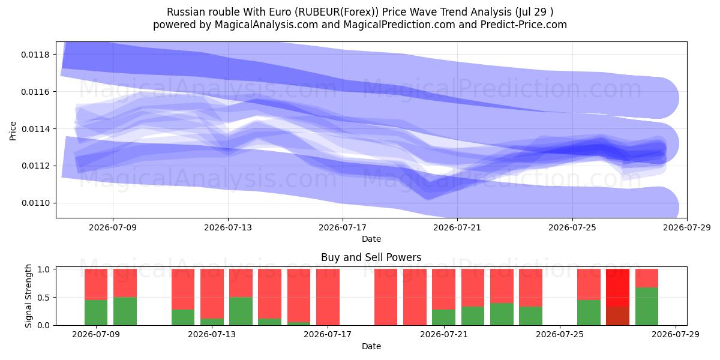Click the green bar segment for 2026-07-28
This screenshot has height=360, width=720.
(647, 307)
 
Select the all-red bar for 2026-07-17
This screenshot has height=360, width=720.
(328, 297)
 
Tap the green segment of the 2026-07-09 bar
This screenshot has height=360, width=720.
(96, 313)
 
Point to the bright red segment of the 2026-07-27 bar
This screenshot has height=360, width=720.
(618, 288)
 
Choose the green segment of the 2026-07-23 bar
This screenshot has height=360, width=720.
(502, 314)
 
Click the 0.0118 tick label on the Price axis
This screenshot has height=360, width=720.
(35, 55)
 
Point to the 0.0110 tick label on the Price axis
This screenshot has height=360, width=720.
(35, 203)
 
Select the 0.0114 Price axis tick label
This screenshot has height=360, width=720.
(35, 129)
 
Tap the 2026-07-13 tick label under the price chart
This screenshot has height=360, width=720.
(228, 227)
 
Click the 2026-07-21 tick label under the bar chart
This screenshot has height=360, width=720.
(444, 334)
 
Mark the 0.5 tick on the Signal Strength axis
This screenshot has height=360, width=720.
(44, 298)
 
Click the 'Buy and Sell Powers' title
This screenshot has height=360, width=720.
(371, 257)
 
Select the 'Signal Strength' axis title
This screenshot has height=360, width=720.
(29, 296)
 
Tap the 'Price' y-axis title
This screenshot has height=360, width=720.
(13, 131)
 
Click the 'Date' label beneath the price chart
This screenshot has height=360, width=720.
(371, 239)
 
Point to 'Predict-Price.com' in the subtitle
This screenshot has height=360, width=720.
(524, 25)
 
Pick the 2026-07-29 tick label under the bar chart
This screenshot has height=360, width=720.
(676, 334)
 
